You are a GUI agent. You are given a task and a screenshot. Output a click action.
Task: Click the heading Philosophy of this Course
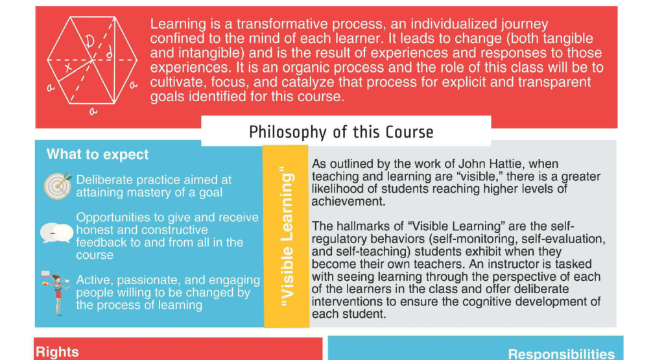(x=341, y=132)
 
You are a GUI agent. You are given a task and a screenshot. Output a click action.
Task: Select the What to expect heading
(x=97, y=154)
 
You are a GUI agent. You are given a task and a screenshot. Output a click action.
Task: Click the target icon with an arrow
(x=57, y=186)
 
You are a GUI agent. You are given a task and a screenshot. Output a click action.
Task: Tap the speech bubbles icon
(x=56, y=232)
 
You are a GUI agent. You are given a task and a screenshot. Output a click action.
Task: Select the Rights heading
(x=57, y=352)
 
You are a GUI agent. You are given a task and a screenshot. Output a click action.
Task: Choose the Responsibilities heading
(x=561, y=354)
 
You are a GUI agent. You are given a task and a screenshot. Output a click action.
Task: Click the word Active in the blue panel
(x=94, y=280)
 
